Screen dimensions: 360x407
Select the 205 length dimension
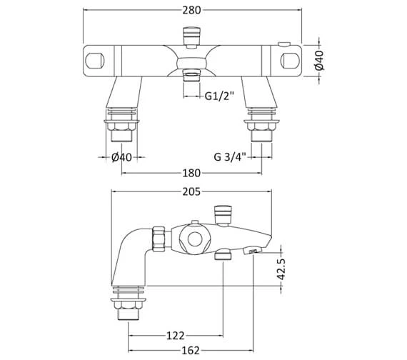coord(191,191)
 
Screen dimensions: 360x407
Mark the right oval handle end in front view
coord(291,58)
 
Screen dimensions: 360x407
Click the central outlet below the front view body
coord(191,74)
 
